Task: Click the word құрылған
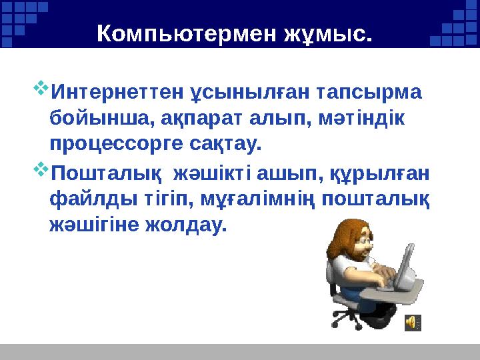(x=380, y=174)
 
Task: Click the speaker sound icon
(x=413, y=322)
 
